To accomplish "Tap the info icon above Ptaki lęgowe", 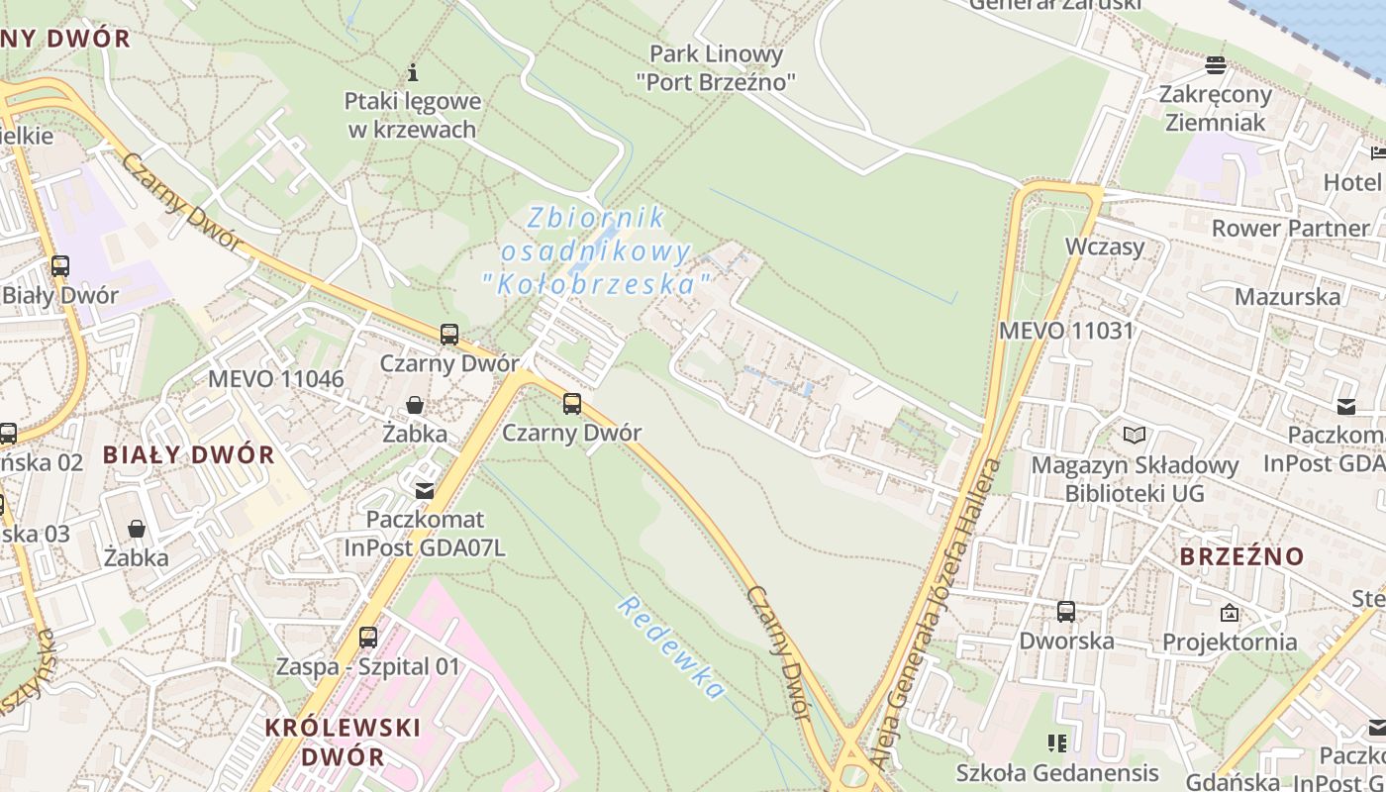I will [413, 72].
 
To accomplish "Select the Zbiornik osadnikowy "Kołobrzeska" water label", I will [596, 251].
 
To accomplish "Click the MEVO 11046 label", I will [275, 379].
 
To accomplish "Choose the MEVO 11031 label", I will [1065, 331].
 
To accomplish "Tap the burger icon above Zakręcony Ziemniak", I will [1216, 65].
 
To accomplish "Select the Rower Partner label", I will [1290, 228].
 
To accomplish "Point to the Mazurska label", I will [1287, 296].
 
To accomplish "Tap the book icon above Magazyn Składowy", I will [1135, 435].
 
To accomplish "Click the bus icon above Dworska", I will [1065, 611].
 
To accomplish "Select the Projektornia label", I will [1230, 642].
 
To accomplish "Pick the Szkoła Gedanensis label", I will [1057, 772].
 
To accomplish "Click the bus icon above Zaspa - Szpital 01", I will [368, 637].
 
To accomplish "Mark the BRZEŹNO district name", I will [1241, 556].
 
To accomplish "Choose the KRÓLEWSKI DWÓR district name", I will [343, 742].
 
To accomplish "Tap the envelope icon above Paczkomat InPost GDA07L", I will [425, 490].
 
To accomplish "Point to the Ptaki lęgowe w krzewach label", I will [413, 115].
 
